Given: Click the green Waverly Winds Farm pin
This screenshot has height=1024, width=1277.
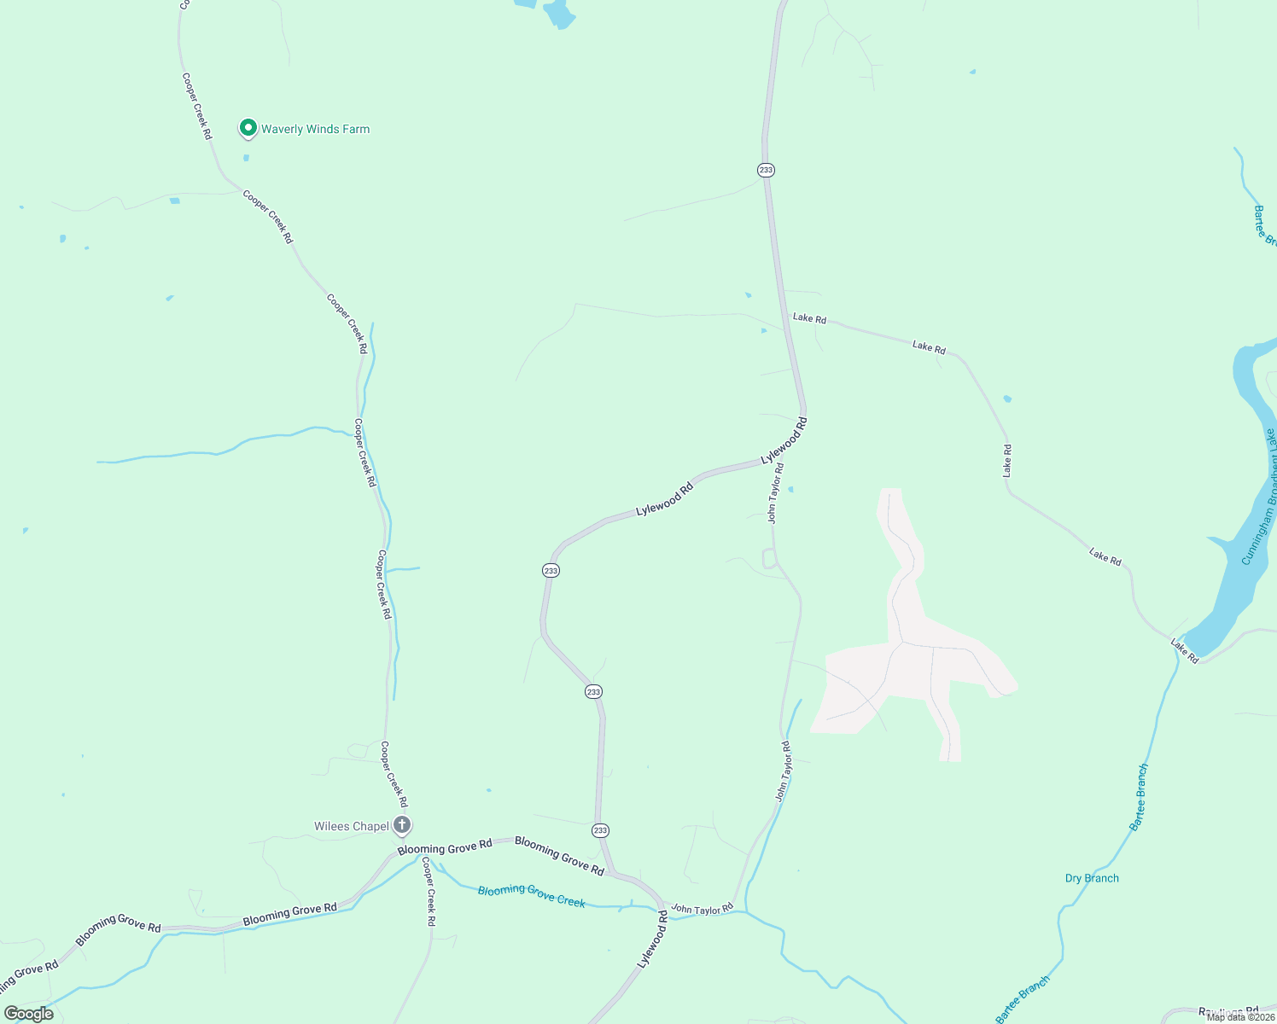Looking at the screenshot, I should click(x=248, y=128).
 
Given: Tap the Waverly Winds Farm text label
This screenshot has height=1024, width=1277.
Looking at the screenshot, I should click(x=315, y=130).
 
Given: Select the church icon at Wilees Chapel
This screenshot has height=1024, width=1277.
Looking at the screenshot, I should click(x=402, y=825).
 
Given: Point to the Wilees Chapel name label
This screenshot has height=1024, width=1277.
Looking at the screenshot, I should click(x=351, y=826).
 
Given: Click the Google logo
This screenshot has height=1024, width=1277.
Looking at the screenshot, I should click(x=29, y=1014).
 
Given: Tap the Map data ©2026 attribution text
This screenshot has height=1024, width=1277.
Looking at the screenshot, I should click(x=1240, y=1016).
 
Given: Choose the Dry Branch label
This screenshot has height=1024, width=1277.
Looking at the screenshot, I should click(x=1092, y=878).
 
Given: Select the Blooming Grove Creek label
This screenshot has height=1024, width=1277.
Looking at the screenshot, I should click(x=531, y=895).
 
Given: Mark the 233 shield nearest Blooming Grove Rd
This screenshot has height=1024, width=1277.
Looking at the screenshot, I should click(x=600, y=830).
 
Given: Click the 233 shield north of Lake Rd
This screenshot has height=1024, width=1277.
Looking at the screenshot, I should click(x=766, y=170).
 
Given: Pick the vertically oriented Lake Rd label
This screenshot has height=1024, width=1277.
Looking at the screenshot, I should click(x=1007, y=461).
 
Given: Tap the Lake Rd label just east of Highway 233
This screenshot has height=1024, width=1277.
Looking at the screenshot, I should click(x=809, y=318).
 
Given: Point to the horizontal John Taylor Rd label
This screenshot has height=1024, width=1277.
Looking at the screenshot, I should click(x=702, y=910).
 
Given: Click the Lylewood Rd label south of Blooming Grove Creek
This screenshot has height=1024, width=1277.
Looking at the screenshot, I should click(x=652, y=939).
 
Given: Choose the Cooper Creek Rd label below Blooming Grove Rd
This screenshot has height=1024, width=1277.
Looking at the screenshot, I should click(x=429, y=892).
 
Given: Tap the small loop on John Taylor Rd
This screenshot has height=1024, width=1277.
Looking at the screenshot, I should click(x=768, y=559).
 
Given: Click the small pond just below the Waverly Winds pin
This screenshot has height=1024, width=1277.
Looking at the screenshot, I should click(x=247, y=158).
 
